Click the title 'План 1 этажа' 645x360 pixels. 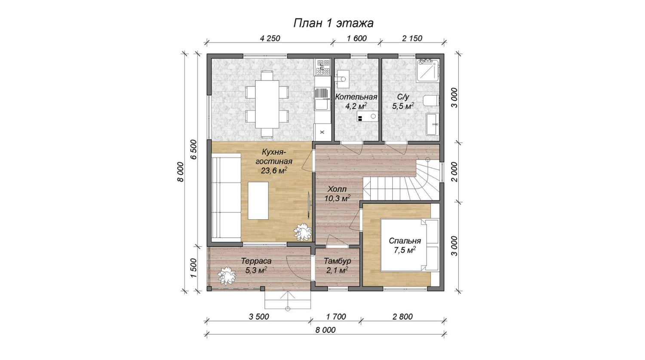(x=333, y=23)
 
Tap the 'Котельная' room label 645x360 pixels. (x=356, y=97)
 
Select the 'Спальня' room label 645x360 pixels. (x=405, y=241)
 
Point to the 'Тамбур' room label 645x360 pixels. (x=338, y=261)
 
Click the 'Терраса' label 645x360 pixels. (x=256, y=261)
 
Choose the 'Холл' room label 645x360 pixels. (x=337, y=189)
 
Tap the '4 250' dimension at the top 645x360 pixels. (x=270, y=38)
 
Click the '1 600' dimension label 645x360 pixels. (x=357, y=38)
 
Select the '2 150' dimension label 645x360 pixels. (x=412, y=38)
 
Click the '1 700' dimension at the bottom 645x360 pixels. (x=336, y=317)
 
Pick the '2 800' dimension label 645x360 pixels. (x=402, y=317)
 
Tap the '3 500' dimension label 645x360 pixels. (x=259, y=317)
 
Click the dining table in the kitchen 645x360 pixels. (x=267, y=104)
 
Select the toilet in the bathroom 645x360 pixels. (x=431, y=101)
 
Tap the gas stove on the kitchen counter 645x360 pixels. (x=322, y=67)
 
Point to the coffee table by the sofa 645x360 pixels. (x=258, y=200)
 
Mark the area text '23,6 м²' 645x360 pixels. (x=274, y=170)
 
